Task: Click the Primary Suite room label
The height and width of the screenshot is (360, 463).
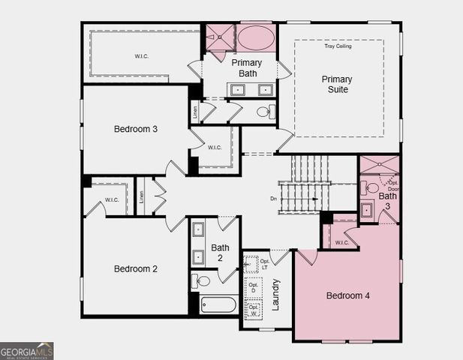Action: point(337,84)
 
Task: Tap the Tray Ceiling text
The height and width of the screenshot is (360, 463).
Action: point(338,46)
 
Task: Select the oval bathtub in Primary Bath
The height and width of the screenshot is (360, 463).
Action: point(256,37)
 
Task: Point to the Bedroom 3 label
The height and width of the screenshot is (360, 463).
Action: point(135,129)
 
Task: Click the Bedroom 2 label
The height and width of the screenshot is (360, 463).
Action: point(135,268)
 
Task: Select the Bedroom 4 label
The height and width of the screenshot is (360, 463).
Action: point(347,295)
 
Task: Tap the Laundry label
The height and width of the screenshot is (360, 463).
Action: point(276,294)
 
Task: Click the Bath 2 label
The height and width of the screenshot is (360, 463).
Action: point(220,253)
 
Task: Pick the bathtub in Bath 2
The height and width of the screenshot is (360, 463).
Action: point(218,304)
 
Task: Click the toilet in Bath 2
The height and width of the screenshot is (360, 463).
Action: point(202,281)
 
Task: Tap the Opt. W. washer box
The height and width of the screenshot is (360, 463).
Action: point(253,310)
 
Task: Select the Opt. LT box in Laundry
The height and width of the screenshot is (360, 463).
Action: point(251,264)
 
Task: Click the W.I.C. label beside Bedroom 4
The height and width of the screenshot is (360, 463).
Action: point(342,242)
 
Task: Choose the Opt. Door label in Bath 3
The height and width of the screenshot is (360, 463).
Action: point(392,186)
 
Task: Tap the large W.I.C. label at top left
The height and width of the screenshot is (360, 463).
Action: point(142,55)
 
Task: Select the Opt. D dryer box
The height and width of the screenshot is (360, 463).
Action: point(253,288)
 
